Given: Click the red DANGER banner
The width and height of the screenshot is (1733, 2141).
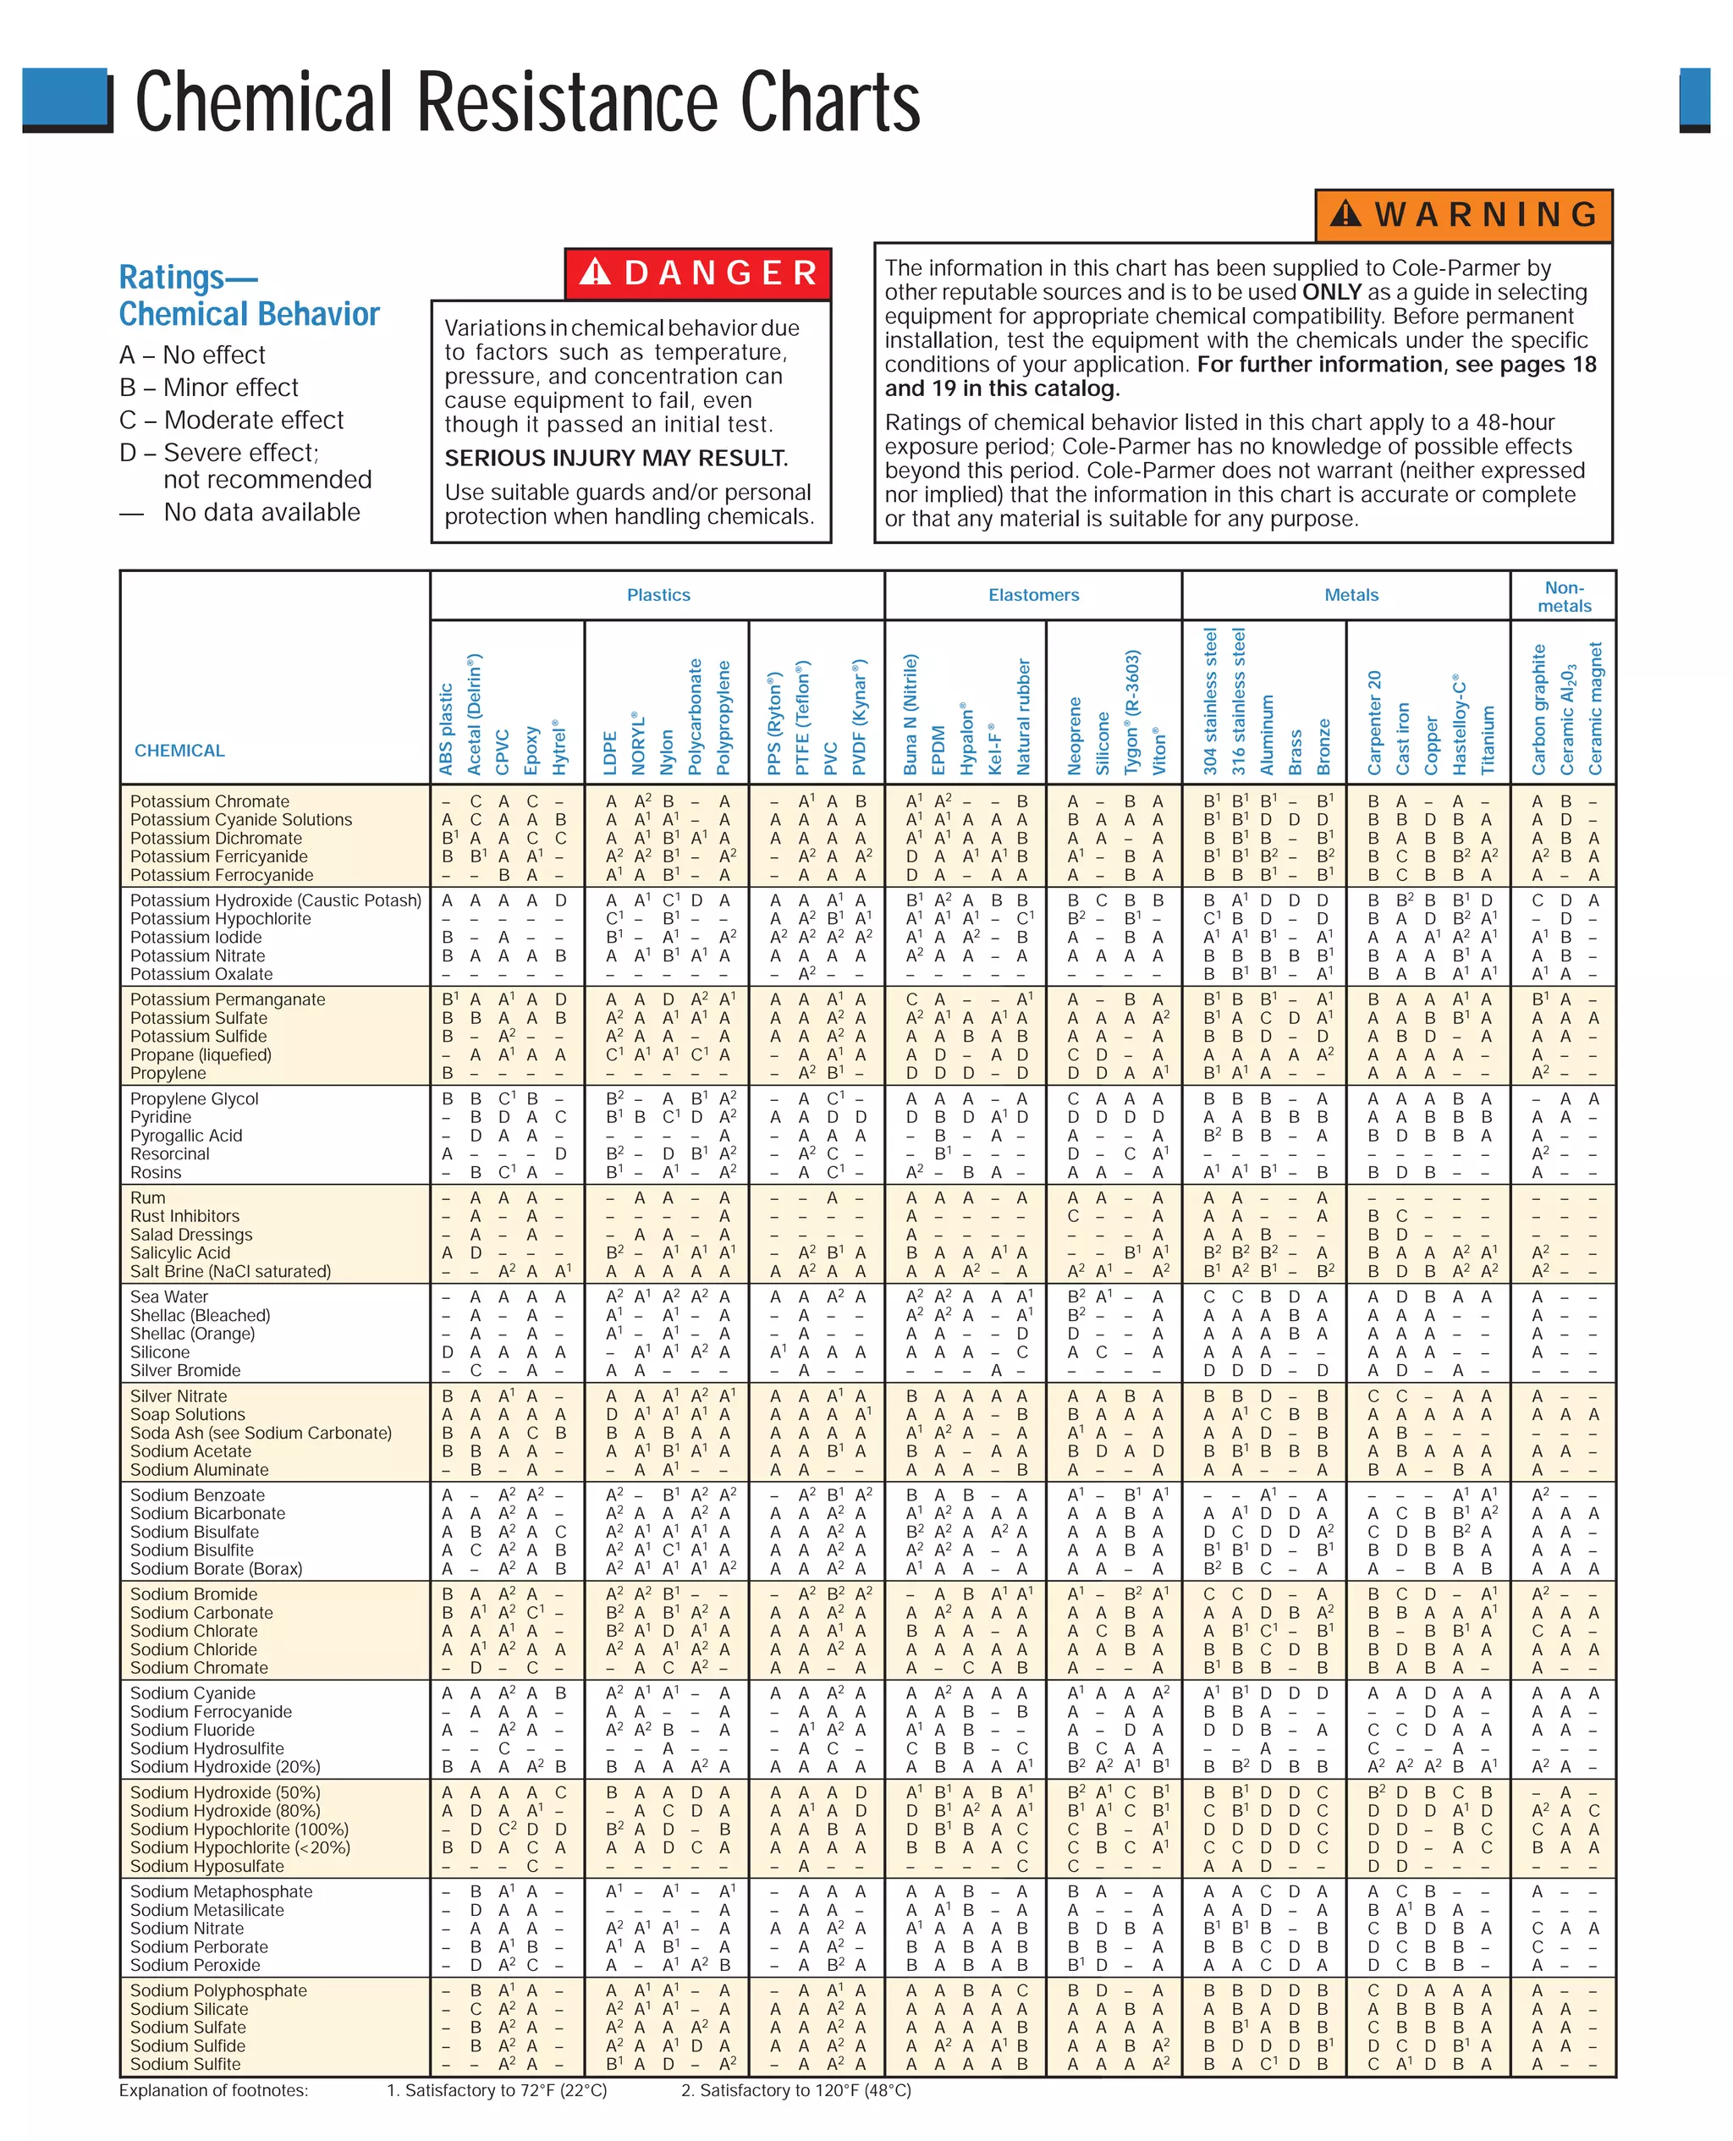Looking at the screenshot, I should pyautogui.click(x=698, y=272).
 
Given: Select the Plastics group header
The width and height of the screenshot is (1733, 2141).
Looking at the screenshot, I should pyautogui.click(x=657, y=595).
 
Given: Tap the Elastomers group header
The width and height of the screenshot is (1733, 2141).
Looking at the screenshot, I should pyautogui.click(x=1033, y=595).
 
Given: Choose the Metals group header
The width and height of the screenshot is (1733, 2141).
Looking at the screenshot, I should pyautogui.click(x=1351, y=595).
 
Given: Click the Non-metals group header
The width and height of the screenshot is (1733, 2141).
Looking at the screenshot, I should pyautogui.click(x=1563, y=596).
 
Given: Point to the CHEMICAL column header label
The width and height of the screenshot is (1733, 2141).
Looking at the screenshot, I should pyautogui.click(x=179, y=751).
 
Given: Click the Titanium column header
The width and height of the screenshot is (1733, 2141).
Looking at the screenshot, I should pyautogui.click(x=1488, y=740).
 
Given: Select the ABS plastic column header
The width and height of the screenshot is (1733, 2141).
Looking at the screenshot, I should pyautogui.click(x=446, y=729).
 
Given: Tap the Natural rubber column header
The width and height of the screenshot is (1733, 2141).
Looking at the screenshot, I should pyautogui.click(x=1023, y=716).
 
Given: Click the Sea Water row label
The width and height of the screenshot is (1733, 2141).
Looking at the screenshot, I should pyautogui.click(x=168, y=1296).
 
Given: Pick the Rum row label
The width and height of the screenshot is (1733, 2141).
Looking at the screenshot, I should pyautogui.click(x=148, y=1197).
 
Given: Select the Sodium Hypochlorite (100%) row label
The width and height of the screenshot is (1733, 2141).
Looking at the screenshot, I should pyautogui.click(x=239, y=1830).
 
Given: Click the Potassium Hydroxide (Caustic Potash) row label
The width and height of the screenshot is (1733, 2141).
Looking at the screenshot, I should pyautogui.click(x=276, y=900).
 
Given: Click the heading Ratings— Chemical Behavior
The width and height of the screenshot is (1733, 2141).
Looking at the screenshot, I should pyautogui.click(x=249, y=295).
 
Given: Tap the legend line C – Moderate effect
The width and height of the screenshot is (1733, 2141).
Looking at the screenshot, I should pyautogui.click(x=231, y=421).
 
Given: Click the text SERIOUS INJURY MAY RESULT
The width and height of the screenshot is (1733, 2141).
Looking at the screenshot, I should pyautogui.click(x=616, y=458).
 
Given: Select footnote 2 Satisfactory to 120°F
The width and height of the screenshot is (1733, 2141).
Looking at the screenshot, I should pyautogui.click(x=795, y=2090).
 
